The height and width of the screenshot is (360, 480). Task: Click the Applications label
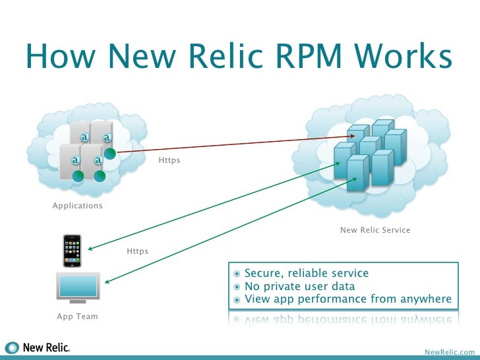point(78,206)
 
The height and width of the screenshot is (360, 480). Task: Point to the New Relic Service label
point(375,230)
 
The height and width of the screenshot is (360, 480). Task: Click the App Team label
point(77,316)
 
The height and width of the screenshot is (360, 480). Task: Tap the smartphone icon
point(71,251)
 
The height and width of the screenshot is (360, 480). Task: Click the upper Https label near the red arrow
point(169,160)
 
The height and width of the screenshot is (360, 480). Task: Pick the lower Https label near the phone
point(137,251)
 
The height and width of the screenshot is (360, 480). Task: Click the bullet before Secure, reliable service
point(237,274)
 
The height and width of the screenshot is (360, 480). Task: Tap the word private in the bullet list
point(285,286)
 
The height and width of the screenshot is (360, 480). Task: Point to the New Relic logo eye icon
point(13,347)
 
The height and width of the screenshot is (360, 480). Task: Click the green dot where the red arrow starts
point(110,154)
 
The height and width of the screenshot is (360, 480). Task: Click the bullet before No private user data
point(237,287)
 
